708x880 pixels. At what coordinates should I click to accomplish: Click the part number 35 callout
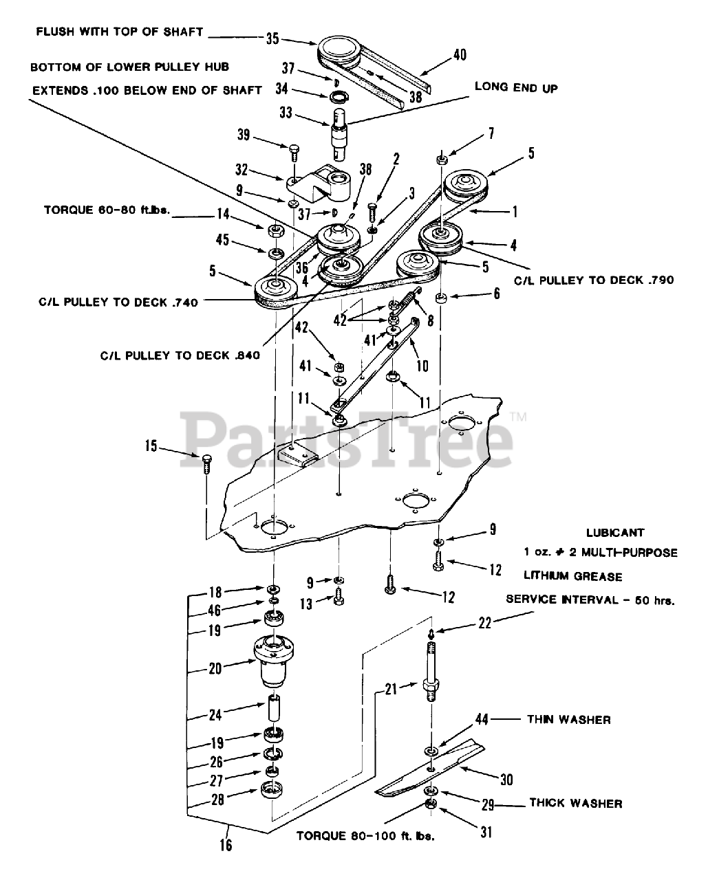[x=272, y=38]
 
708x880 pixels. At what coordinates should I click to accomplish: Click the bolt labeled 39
[x=294, y=148]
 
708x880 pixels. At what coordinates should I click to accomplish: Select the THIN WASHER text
[x=568, y=720]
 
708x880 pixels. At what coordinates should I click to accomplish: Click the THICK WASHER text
[x=575, y=803]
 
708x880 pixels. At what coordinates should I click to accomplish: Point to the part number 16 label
[x=226, y=844]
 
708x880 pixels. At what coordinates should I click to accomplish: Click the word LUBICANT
[x=614, y=532]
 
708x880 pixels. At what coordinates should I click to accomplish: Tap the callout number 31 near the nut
[x=486, y=832]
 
